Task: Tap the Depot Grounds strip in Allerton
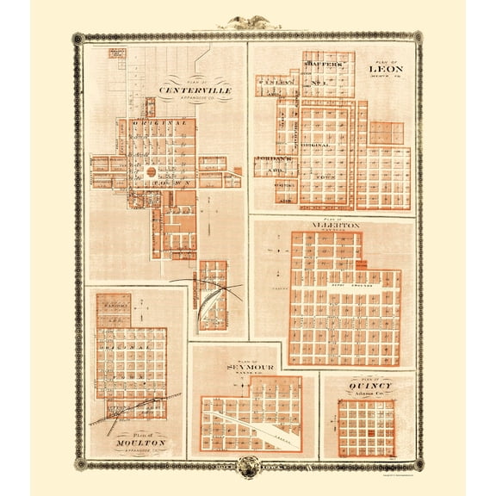tap(344, 282)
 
